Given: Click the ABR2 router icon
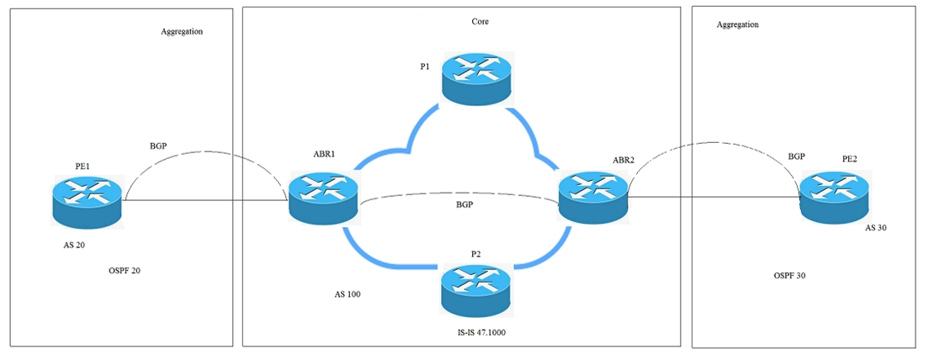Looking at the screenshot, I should click(x=592, y=197).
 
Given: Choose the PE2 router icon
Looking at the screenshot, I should click(x=832, y=196).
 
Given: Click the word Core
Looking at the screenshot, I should click(x=480, y=22).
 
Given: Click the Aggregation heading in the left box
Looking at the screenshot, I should click(x=182, y=31).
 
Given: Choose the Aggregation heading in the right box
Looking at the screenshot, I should click(x=737, y=25).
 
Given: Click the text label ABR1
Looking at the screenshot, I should click(x=326, y=155).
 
